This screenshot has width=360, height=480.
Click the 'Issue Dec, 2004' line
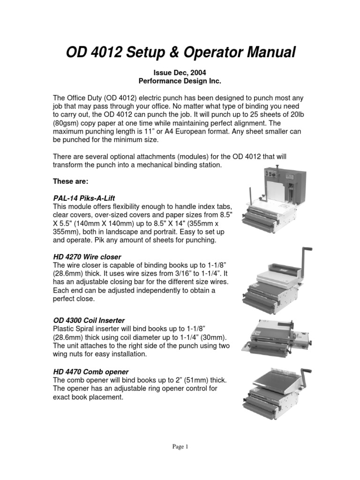[x=180, y=73]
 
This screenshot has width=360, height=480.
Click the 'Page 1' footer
[x=180, y=447]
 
